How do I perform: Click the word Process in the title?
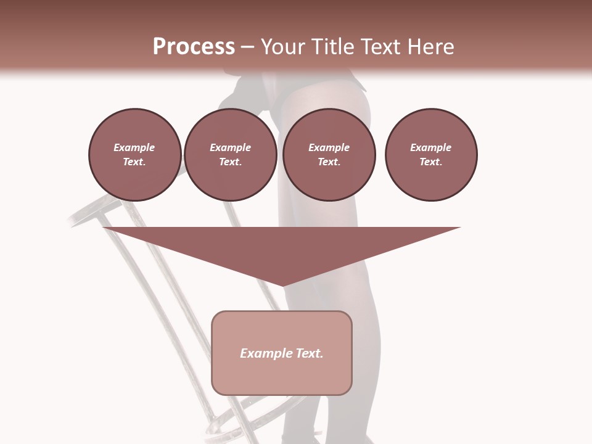pos(194,47)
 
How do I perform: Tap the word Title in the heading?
pos(335,47)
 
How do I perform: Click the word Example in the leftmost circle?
pos(134,147)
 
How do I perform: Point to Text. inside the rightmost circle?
pos(431,162)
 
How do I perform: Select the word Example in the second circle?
pos(231,147)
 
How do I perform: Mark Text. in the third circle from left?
pos(329,162)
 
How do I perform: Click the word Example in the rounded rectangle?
pos(265,353)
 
